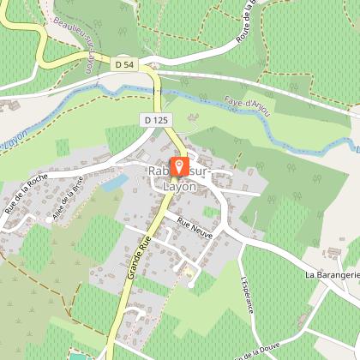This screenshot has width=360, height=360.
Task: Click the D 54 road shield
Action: click(124, 63)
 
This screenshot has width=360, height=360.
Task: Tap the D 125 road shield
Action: click(154, 122)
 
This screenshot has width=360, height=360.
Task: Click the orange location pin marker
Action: click(179, 165)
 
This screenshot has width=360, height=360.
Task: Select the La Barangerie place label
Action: click(333, 275)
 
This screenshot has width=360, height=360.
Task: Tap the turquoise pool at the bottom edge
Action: click(80, 355)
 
